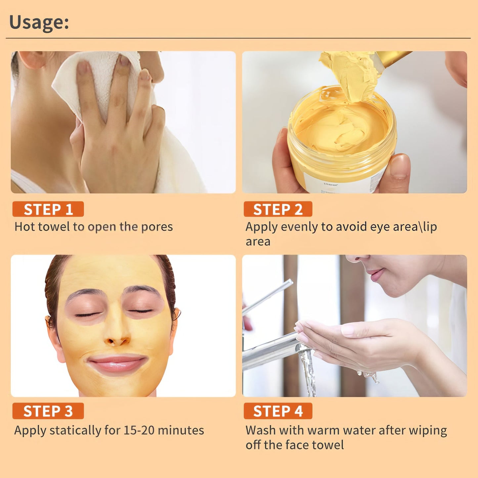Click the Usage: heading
point(39,22)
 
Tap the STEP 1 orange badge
point(48,209)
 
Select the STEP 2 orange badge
point(278,209)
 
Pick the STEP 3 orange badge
point(48,411)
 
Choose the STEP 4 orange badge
point(278,411)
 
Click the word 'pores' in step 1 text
point(157,227)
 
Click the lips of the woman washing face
point(375,274)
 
